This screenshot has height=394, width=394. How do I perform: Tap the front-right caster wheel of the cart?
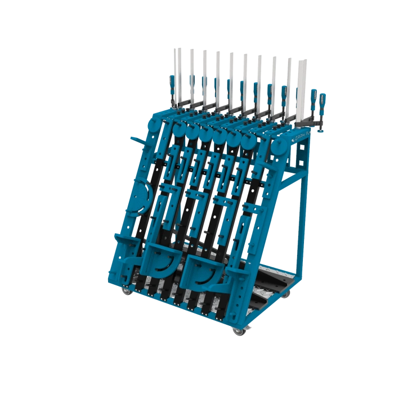[240, 332]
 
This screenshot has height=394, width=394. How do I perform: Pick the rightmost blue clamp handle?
[323, 100]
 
